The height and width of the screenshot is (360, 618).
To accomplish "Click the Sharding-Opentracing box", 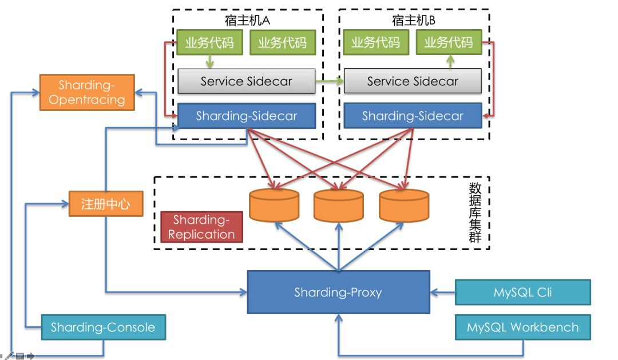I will coord(87,92).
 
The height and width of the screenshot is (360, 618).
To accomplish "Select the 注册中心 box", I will coord(106,204).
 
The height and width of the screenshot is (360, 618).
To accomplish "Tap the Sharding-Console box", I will coord(103,328).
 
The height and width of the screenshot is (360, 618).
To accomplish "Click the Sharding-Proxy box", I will coord(338,292).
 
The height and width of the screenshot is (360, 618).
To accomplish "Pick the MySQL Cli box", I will coord(522,292).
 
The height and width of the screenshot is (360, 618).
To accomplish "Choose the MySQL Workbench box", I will coord(522,328).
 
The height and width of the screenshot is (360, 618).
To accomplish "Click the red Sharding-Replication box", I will coord(201,227).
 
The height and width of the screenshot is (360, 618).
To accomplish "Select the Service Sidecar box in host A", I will coord(246,81).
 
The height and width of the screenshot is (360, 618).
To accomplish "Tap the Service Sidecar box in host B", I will coord(413,81).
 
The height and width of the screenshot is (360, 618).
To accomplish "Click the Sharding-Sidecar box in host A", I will coord(246,116).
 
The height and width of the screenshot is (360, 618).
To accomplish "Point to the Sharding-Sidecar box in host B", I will coord(413,116).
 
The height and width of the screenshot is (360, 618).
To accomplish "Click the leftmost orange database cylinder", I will coord(274,205).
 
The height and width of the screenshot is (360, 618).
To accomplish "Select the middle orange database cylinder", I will coord(339,205).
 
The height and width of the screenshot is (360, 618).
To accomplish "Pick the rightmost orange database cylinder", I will coord(404,205).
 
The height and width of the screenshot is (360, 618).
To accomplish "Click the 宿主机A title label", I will coord(247,21).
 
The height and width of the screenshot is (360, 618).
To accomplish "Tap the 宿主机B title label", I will coord(414,21).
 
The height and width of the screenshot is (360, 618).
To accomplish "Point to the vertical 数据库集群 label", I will coord(474,212).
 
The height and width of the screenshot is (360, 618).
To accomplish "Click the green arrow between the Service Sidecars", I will coord(330,82).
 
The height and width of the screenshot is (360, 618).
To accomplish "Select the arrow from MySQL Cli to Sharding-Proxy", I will coord(442,292).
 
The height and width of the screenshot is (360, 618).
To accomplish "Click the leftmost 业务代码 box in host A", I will coord(209,42).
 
